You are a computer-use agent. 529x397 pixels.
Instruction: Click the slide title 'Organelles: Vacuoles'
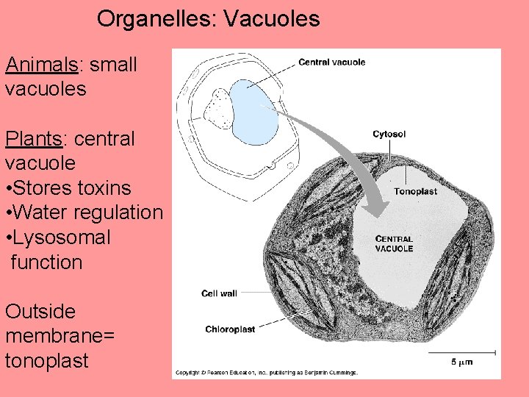tap(208, 18)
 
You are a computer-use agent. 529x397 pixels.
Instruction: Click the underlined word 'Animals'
tap(42, 65)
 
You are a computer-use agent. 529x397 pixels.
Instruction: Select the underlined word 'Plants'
tap(34, 138)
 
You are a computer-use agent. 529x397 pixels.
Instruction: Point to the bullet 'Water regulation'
tap(84, 212)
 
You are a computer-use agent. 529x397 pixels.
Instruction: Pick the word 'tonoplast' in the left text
tap(46, 361)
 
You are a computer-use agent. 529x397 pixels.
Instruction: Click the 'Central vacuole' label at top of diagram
tap(331, 62)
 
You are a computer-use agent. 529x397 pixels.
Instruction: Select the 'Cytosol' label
tap(389, 135)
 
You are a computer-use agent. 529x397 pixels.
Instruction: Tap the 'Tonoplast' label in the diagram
tap(415, 191)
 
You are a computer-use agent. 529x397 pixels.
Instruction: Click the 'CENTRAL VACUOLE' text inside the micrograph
tap(394, 243)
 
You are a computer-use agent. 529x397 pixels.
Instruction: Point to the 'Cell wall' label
tap(219, 293)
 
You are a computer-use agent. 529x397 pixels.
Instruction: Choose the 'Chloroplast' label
tap(229, 329)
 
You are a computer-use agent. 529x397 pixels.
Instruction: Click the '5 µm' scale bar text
tap(461, 362)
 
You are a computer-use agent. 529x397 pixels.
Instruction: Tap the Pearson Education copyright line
tap(266, 373)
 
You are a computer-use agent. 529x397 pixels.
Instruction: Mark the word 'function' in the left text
tap(47, 262)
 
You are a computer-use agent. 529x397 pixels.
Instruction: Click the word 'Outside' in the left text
tap(40, 312)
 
